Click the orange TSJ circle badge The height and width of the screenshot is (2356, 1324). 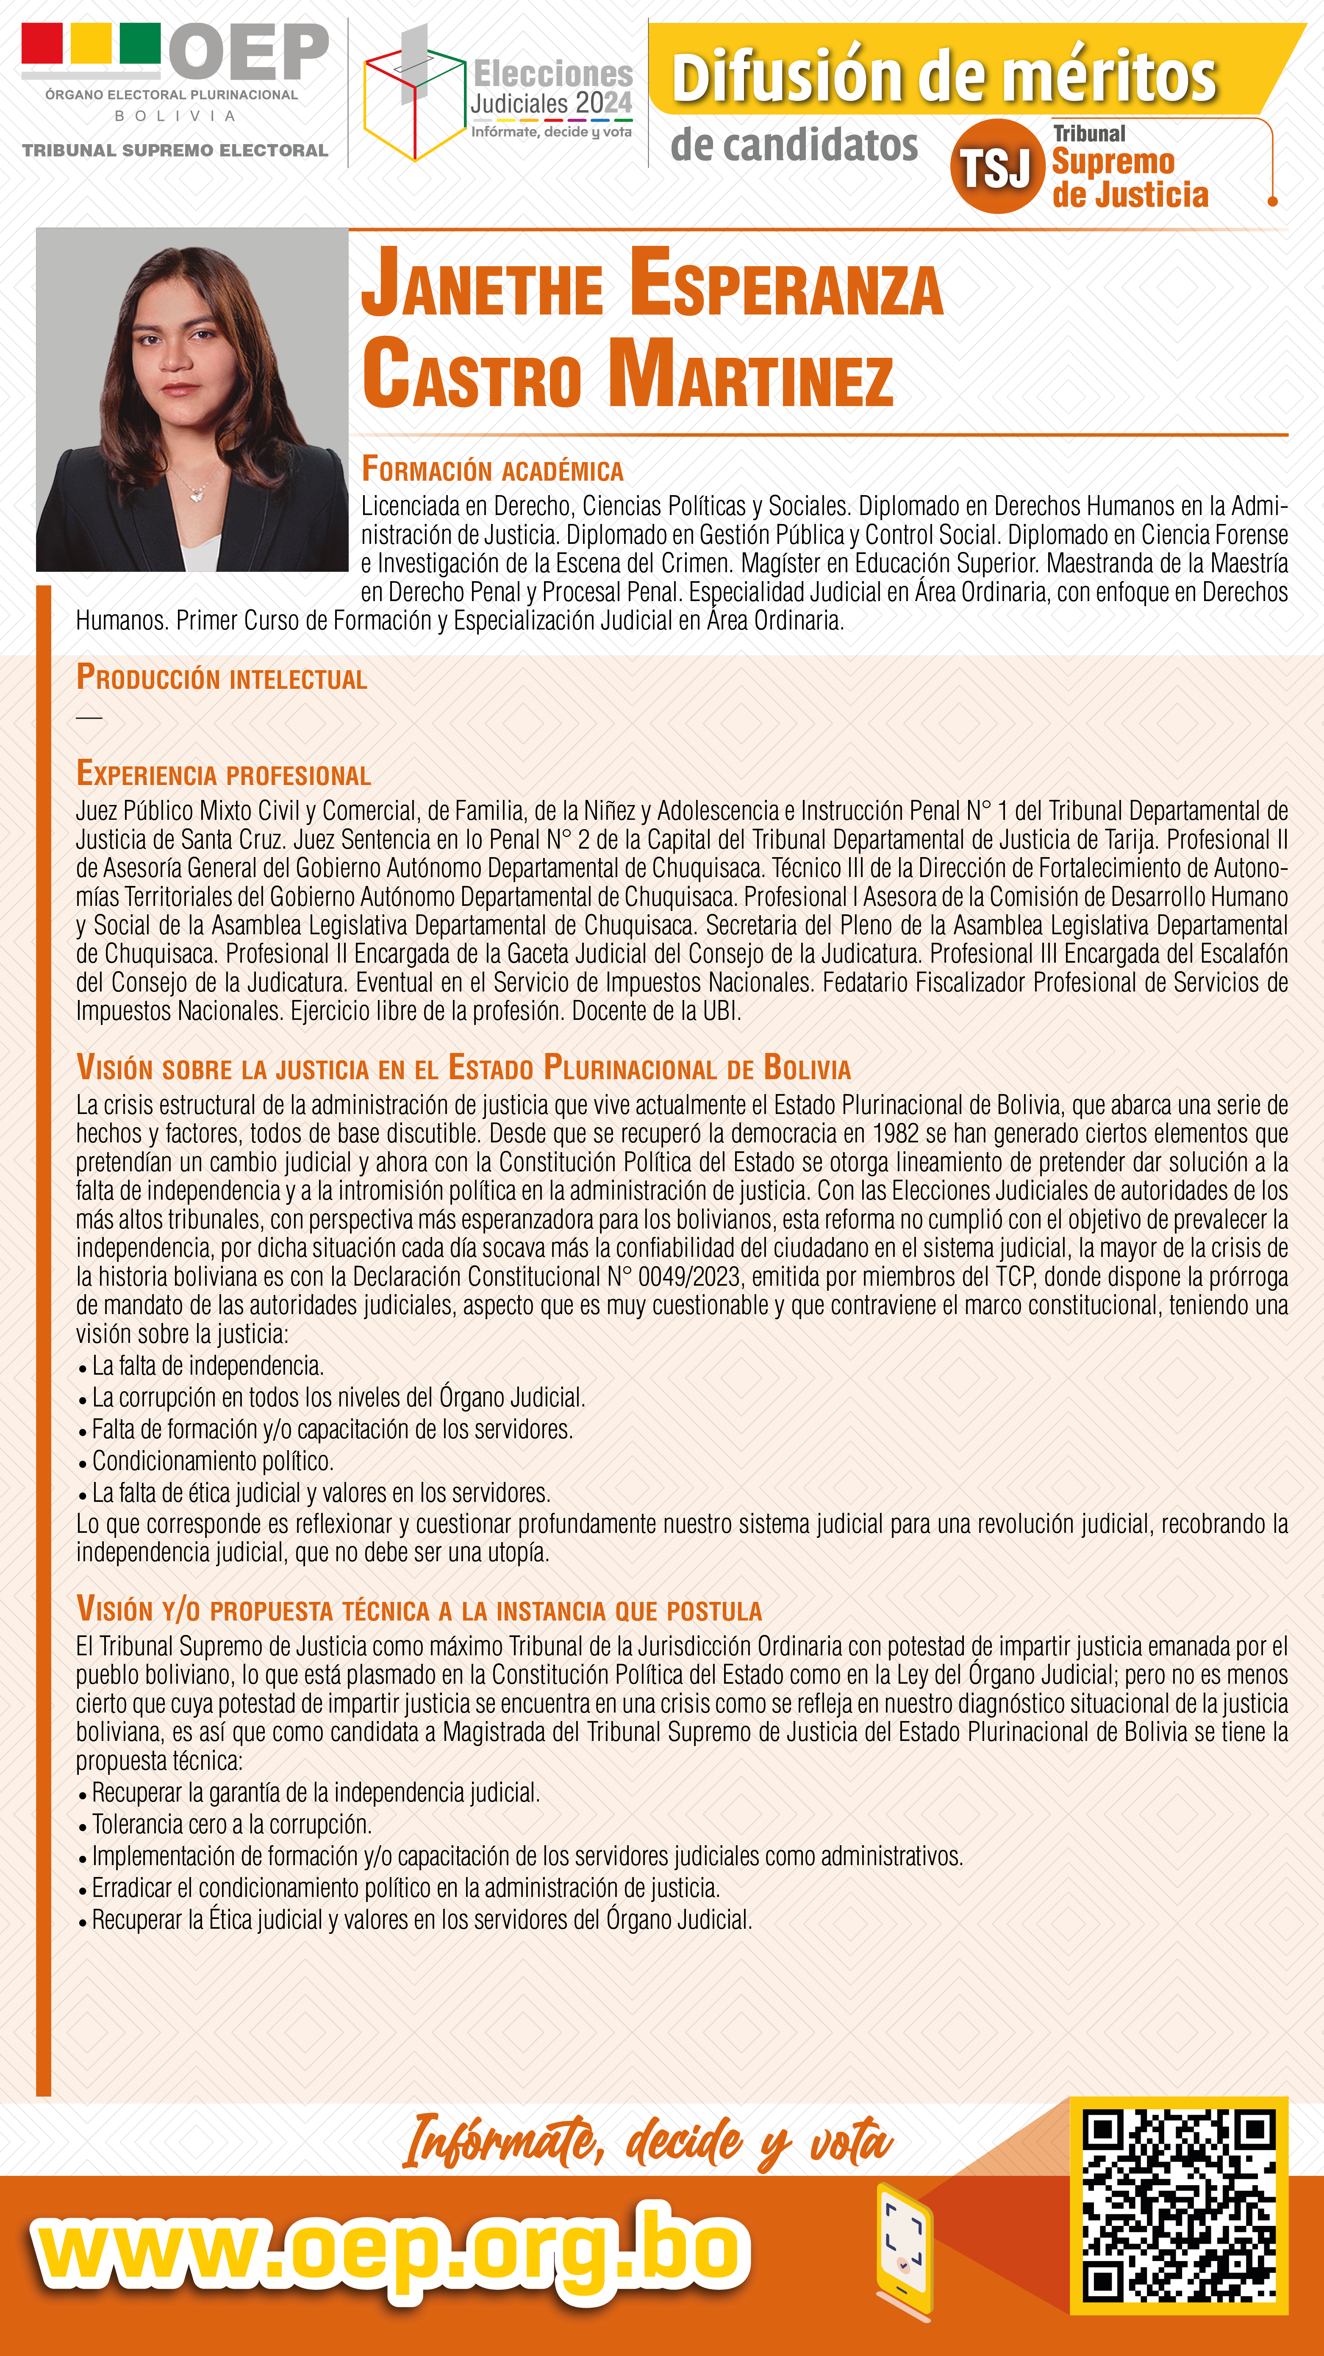(996, 167)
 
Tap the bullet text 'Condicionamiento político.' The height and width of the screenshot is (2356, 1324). (212, 1461)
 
